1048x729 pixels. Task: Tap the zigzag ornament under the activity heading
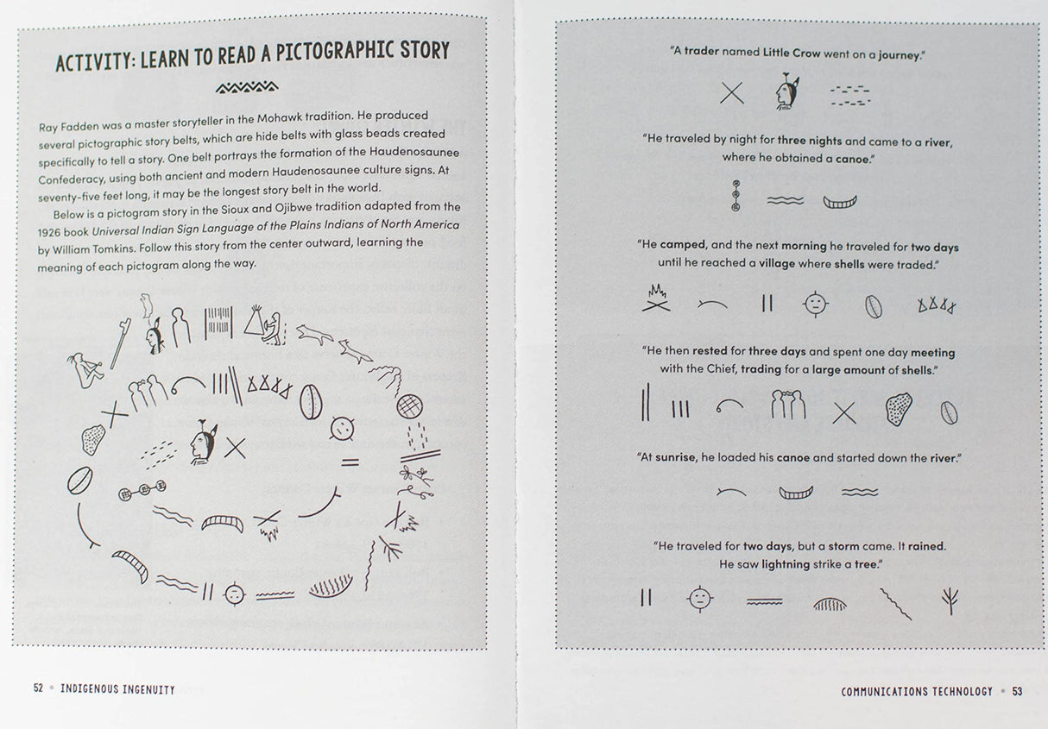[247, 86]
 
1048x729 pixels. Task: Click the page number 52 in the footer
[38, 688]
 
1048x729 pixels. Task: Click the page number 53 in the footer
[1017, 691]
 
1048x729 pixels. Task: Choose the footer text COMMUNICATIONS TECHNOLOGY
[917, 691]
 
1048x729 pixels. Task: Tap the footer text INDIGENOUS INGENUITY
[117, 689]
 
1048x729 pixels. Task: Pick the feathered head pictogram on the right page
[785, 92]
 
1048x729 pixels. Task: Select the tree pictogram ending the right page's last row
[950, 600]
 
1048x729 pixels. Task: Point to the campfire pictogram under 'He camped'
[656, 299]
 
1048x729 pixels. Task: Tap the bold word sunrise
[675, 458]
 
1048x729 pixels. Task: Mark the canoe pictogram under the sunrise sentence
[796, 493]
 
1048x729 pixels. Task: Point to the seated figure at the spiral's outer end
[85, 368]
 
